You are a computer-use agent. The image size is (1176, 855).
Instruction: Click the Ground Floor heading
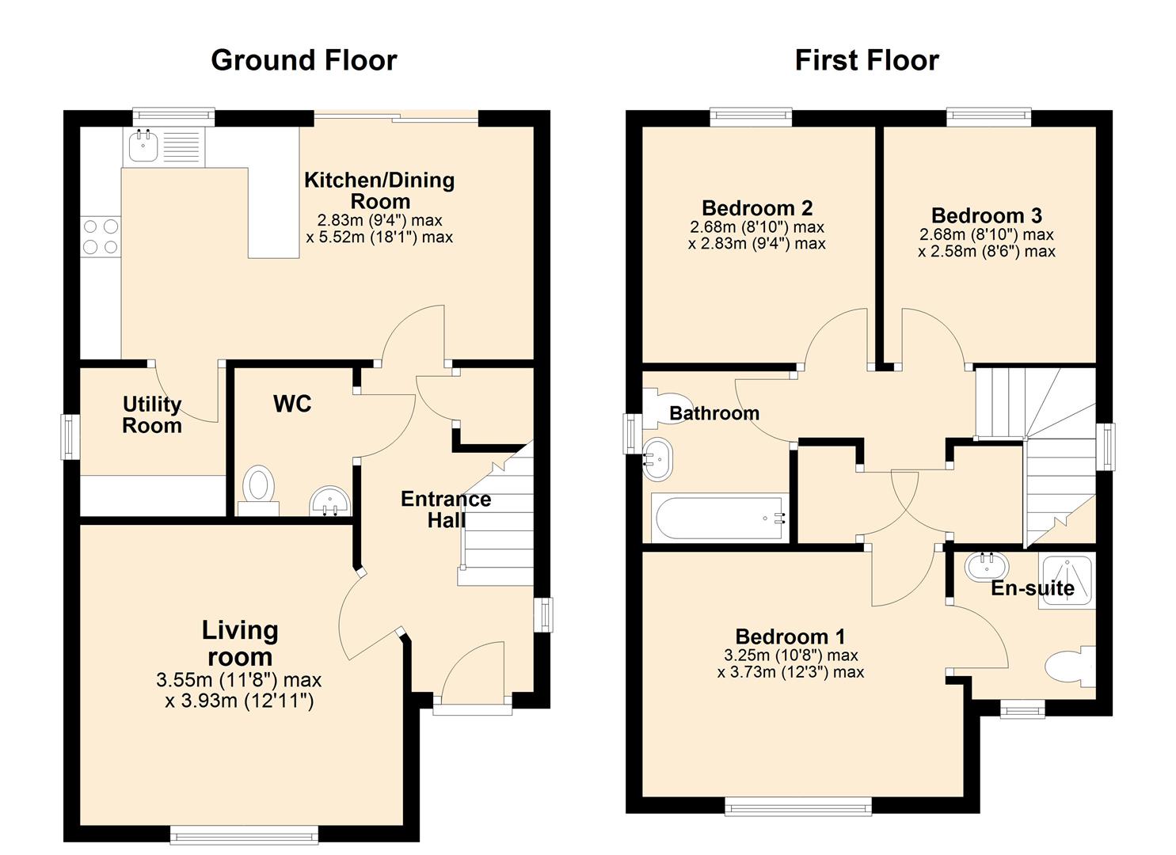pos(303,60)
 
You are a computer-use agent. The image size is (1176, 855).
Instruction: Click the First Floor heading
pos(866,60)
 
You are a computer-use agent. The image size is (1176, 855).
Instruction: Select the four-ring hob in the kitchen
pos(101,237)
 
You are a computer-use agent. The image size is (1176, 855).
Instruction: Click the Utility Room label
pos(152,415)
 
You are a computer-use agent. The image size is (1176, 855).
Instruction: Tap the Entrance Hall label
pos(445,509)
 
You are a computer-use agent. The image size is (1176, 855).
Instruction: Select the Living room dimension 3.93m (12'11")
pos(239,701)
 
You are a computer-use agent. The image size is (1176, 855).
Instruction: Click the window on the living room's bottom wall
pos(244,834)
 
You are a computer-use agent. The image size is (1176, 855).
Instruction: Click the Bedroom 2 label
pos(757,208)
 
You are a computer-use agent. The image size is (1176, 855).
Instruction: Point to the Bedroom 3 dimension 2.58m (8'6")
pos(986,252)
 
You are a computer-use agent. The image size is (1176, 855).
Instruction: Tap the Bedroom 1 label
pos(790,636)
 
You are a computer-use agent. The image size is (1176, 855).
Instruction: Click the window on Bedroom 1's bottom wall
pos(797,807)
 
